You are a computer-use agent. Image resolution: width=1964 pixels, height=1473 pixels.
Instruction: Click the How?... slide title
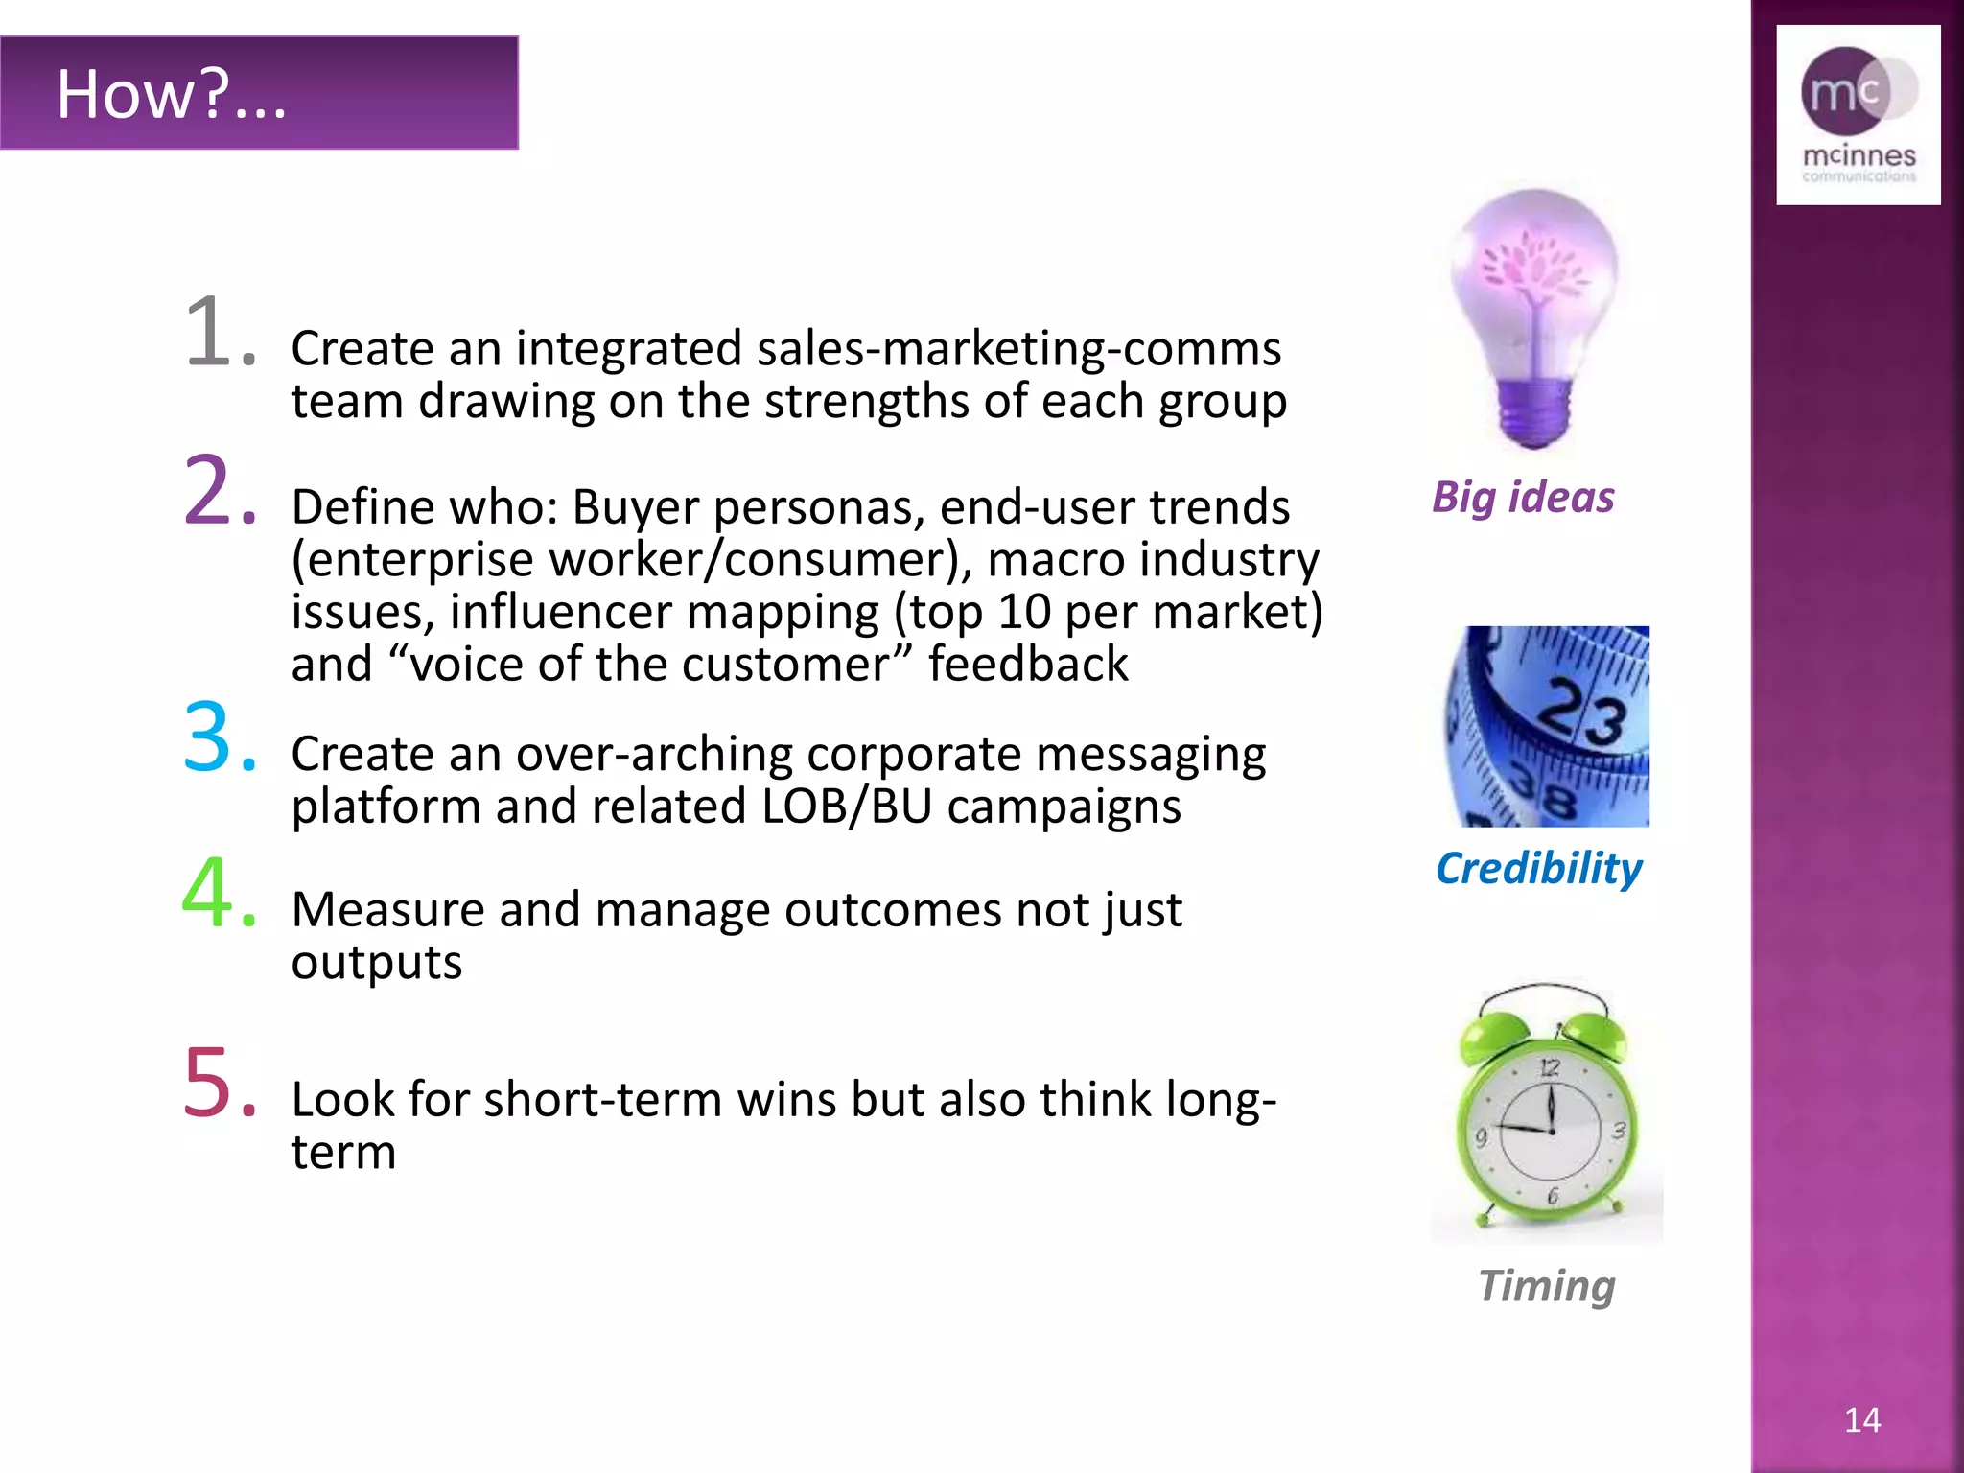coord(171,94)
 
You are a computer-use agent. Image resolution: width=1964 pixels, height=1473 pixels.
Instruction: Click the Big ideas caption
coord(1523,498)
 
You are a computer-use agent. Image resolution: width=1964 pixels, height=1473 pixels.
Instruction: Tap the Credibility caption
coord(1538,869)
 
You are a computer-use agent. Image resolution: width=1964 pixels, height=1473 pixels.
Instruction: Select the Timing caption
coord(1546,1286)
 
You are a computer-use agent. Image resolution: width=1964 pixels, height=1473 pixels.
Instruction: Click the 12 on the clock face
coord(1550,1067)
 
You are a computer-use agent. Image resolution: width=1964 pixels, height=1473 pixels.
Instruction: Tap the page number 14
coord(1861,1419)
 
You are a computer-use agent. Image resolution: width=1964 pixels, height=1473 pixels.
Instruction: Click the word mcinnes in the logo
coord(1859,155)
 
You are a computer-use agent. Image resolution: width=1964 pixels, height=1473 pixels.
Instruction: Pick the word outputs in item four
coord(377,962)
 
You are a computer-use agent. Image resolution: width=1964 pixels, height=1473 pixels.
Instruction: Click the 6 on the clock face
coord(1553,1196)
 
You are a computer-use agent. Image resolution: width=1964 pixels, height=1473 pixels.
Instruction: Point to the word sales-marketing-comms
coord(1018,348)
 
